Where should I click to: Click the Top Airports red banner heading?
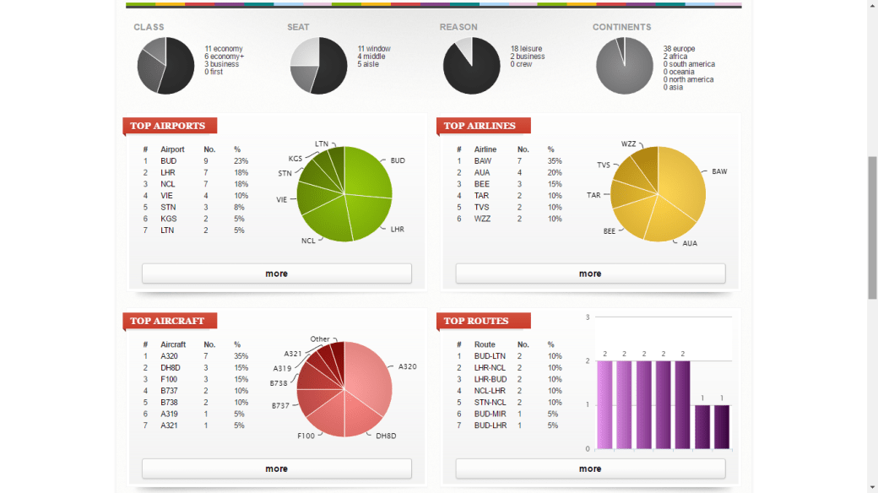[x=169, y=126]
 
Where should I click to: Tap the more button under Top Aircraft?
[x=276, y=469]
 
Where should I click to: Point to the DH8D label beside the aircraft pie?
[x=386, y=436]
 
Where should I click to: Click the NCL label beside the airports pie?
[x=308, y=241]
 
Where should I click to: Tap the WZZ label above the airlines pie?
[x=628, y=144]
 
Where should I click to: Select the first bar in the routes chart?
[x=604, y=404]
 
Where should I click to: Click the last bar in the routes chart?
[x=722, y=426]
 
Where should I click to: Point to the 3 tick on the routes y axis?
[x=588, y=317]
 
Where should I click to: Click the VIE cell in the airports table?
[x=167, y=195]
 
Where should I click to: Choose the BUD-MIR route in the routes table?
[x=490, y=414]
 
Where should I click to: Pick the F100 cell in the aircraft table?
[x=170, y=379]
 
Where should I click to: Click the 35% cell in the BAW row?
[x=555, y=160]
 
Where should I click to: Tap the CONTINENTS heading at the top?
[x=621, y=27]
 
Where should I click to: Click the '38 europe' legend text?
[x=679, y=49]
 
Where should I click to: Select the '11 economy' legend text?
[x=223, y=49]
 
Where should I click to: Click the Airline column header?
[x=485, y=149]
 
